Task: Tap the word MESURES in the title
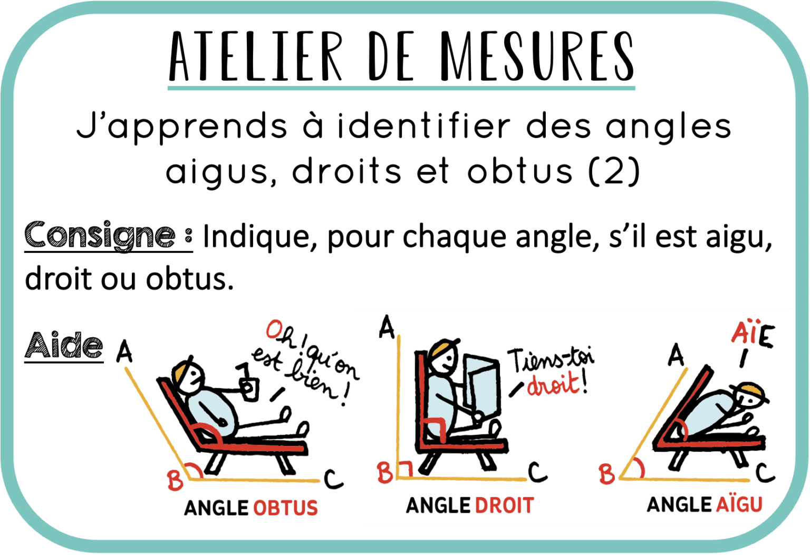(537, 55)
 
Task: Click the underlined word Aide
(64, 346)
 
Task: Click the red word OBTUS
(285, 508)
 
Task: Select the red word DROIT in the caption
(504, 505)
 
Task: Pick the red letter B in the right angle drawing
(385, 473)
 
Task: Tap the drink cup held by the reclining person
(249, 388)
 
